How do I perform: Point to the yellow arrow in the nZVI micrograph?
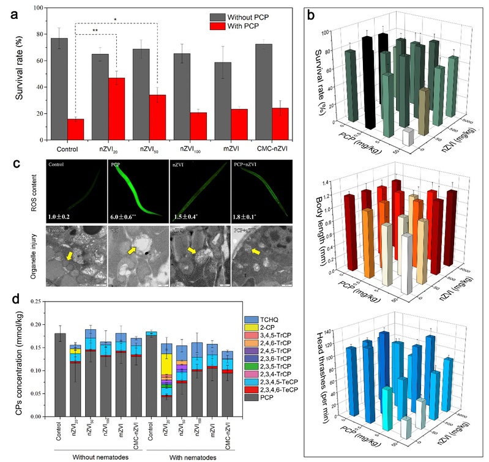click(x=191, y=250)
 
